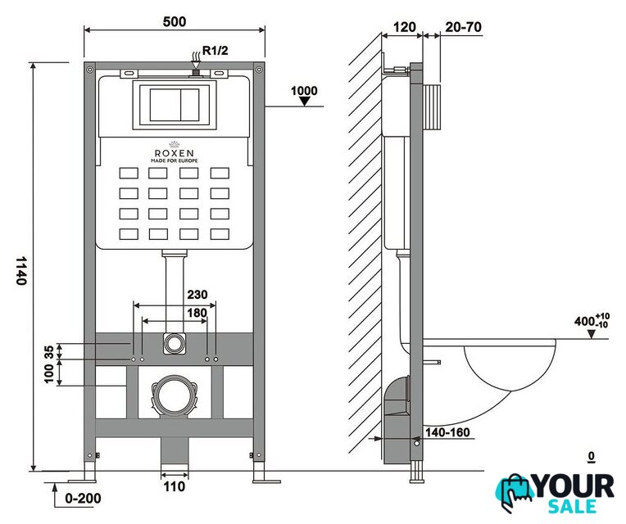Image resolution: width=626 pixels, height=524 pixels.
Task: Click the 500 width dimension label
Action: [x=175, y=21]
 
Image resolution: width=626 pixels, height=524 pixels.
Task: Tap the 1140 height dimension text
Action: [x=21, y=271]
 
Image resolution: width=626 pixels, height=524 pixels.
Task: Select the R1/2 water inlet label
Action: [x=215, y=50]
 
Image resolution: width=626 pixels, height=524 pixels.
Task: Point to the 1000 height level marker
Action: [x=304, y=91]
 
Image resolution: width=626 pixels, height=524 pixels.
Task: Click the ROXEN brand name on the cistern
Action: [x=174, y=153]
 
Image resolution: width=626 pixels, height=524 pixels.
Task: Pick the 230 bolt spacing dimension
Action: [x=197, y=294]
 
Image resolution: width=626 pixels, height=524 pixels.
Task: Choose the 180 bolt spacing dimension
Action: [x=197, y=313]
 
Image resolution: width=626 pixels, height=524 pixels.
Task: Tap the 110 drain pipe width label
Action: [x=175, y=486]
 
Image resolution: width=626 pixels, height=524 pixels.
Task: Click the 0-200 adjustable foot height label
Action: [x=83, y=498]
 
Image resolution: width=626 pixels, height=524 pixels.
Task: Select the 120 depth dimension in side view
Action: [x=405, y=27]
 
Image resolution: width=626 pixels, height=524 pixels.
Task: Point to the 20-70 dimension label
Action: [x=463, y=27]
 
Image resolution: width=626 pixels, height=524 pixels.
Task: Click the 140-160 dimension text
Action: [x=447, y=432]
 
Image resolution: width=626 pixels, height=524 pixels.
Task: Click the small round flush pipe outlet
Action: [x=175, y=343]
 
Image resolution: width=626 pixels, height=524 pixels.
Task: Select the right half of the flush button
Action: [x=190, y=105]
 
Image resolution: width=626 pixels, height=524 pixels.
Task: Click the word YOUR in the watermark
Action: [x=574, y=486]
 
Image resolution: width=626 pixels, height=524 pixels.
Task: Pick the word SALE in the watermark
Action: [x=573, y=507]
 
